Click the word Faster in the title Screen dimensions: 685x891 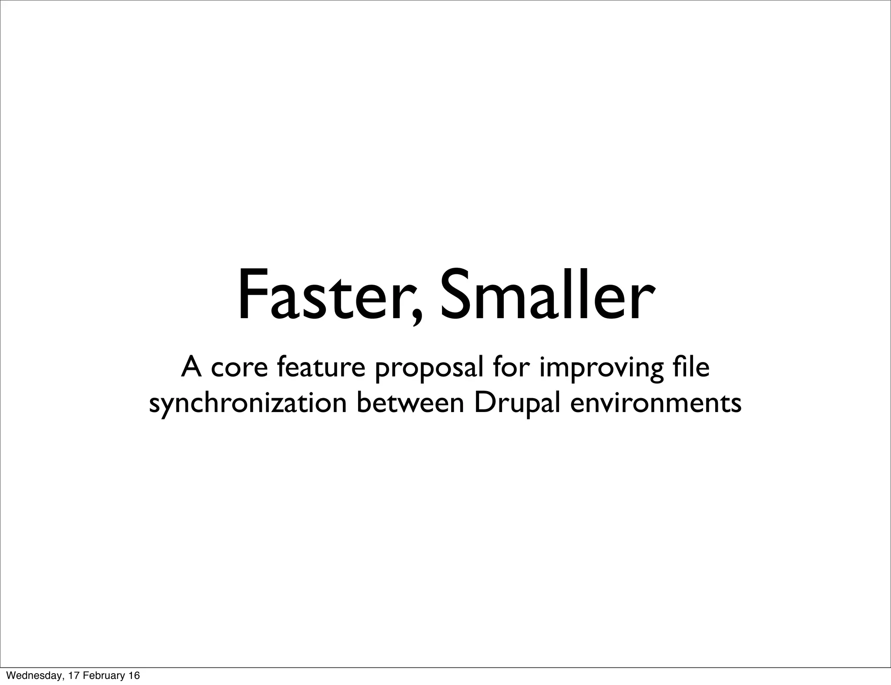coord(324,296)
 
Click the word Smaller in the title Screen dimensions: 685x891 coord(546,296)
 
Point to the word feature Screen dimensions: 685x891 coord(321,367)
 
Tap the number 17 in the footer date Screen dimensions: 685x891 coord(68,675)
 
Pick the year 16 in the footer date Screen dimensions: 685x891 coord(134,675)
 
